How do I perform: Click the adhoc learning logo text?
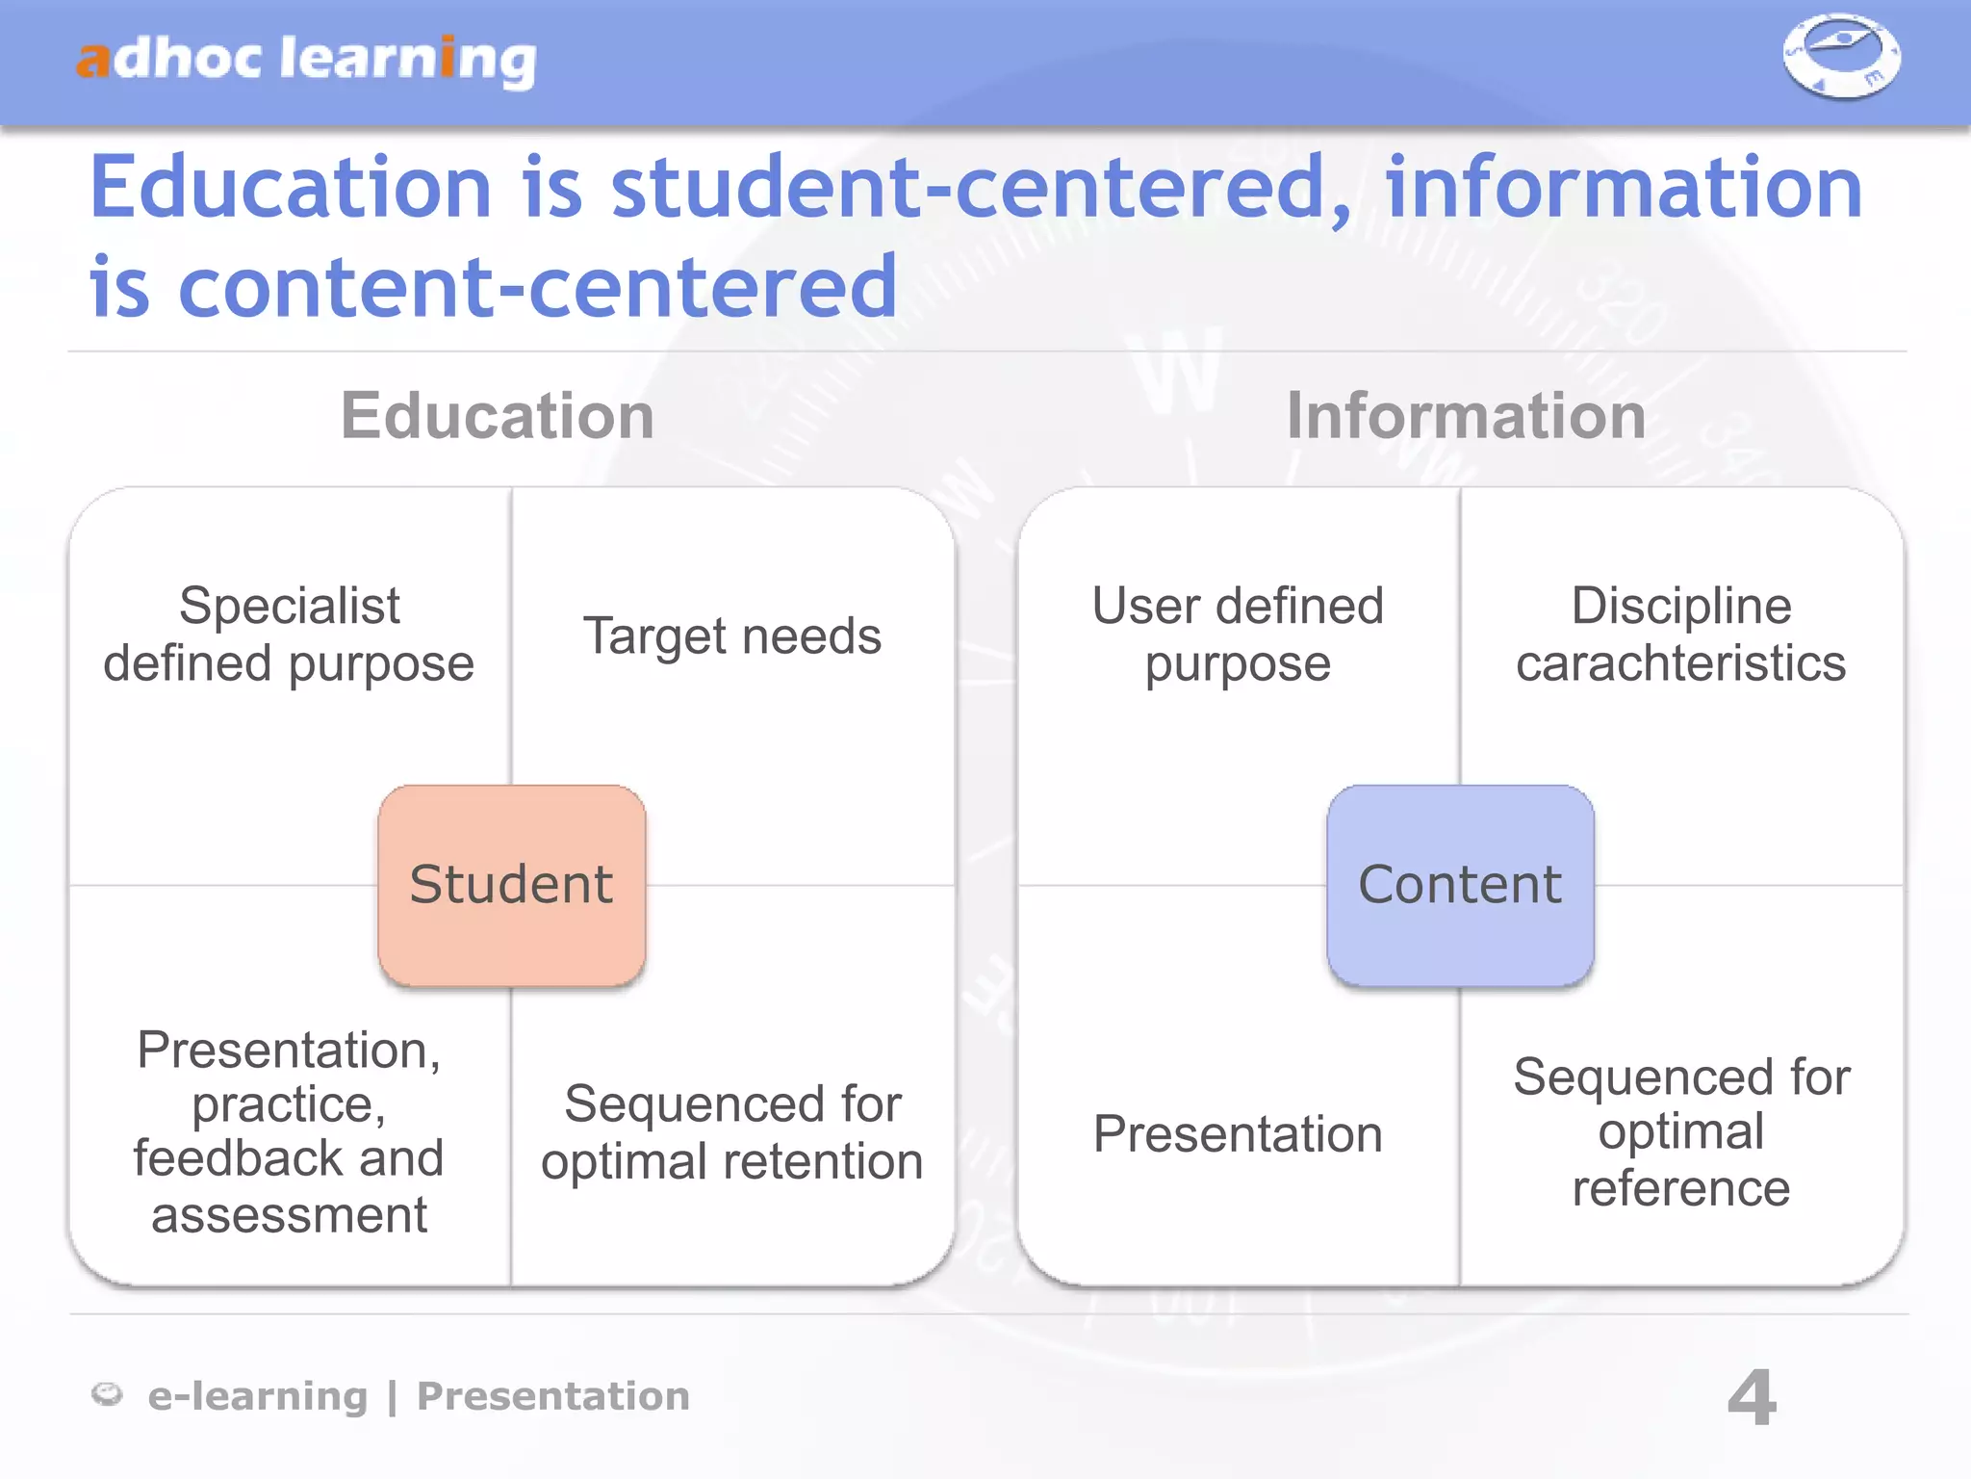(x=306, y=60)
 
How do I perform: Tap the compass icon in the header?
(x=1841, y=56)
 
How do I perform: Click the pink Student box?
(x=511, y=885)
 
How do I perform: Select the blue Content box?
(x=1460, y=885)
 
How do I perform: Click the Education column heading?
(x=498, y=416)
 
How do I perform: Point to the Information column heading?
(x=1466, y=416)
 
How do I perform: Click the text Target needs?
(x=732, y=636)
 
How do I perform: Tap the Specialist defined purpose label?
(x=289, y=635)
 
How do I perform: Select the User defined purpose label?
(x=1238, y=635)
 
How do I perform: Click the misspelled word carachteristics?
(x=1680, y=663)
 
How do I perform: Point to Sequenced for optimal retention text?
(x=732, y=1132)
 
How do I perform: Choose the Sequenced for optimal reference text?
(x=1681, y=1132)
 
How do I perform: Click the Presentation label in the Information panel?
(x=1238, y=1133)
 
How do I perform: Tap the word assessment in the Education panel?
(x=289, y=1215)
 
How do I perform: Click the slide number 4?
(x=1752, y=1397)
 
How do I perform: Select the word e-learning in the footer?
(x=258, y=1396)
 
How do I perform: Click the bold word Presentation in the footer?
(x=553, y=1396)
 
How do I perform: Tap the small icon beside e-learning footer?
(x=107, y=1394)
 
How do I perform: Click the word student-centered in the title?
(x=982, y=188)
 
